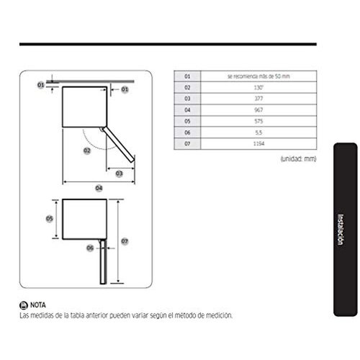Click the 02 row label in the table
click(x=187, y=88)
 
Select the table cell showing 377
click(x=258, y=99)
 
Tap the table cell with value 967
click(x=258, y=110)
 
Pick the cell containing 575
click(x=258, y=121)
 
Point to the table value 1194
click(x=258, y=143)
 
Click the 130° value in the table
click(x=258, y=88)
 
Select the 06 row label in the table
click(x=187, y=132)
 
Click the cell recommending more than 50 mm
click(x=258, y=76)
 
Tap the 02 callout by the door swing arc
click(x=87, y=150)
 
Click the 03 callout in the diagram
click(x=120, y=174)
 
